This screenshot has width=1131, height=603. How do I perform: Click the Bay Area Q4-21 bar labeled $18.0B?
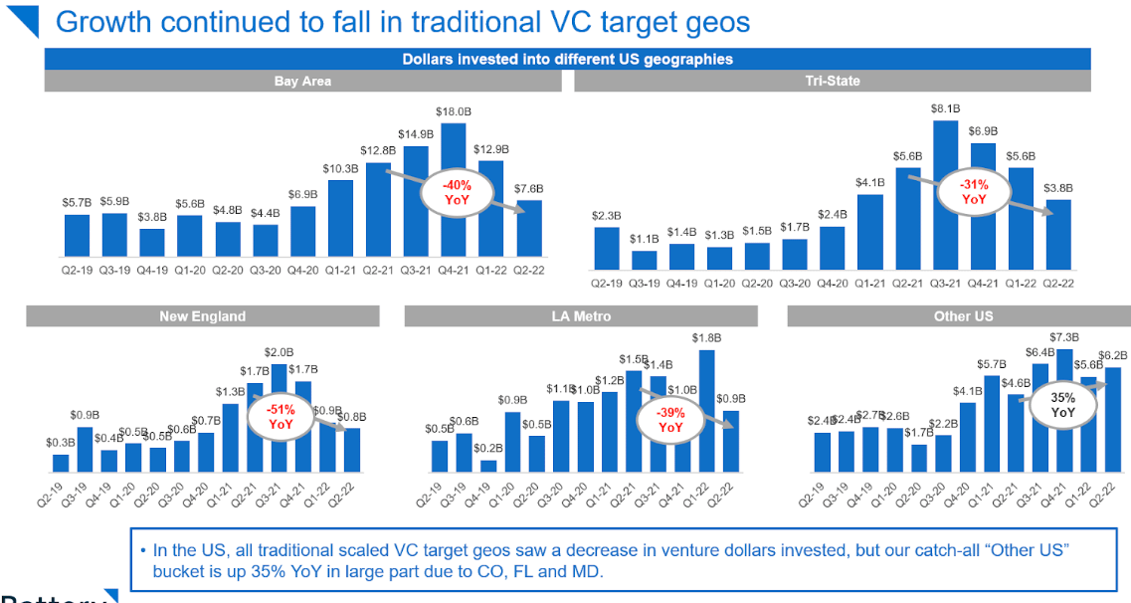(454, 189)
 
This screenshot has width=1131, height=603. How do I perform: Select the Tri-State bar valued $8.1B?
(945, 194)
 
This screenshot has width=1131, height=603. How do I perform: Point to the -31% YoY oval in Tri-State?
(973, 191)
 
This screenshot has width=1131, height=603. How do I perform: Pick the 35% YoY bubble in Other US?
(1062, 404)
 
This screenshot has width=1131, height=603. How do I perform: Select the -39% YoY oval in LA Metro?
(670, 420)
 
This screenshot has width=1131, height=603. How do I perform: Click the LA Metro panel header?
(581, 316)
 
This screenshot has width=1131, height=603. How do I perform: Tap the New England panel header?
(202, 316)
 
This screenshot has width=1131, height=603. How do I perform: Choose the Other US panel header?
(958, 316)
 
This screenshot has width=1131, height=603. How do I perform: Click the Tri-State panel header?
(833, 81)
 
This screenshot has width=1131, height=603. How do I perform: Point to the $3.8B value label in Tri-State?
(1058, 187)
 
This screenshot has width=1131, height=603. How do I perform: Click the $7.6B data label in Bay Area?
(529, 189)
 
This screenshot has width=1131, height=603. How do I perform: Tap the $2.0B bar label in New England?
(280, 352)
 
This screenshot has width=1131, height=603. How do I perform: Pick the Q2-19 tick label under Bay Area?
(77, 268)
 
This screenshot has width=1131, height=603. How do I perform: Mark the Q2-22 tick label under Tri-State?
(1058, 283)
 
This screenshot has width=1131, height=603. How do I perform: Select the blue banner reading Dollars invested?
(567, 59)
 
